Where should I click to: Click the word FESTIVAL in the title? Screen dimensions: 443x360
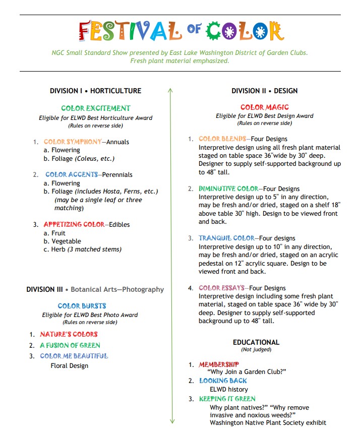(x=130, y=31)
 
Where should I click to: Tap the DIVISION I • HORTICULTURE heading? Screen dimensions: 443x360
(x=96, y=91)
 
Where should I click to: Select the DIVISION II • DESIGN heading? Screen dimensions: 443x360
(x=265, y=91)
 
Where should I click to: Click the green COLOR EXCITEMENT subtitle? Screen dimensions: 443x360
(x=96, y=108)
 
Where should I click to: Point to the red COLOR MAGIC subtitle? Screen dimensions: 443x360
(x=265, y=107)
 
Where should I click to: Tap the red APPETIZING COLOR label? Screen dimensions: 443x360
(x=74, y=224)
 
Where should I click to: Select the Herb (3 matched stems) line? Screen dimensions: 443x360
(x=86, y=249)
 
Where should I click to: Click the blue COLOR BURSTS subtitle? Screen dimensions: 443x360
(x=82, y=306)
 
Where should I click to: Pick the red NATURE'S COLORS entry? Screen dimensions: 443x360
(x=69, y=334)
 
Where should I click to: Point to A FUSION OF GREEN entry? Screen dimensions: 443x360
(x=70, y=345)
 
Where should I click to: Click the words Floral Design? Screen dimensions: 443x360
(x=69, y=365)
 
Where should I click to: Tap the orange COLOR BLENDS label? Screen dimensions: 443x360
(x=222, y=139)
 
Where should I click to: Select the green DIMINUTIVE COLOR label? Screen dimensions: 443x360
(x=228, y=188)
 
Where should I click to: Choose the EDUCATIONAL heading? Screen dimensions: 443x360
(x=256, y=342)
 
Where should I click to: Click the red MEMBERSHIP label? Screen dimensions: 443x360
(x=219, y=364)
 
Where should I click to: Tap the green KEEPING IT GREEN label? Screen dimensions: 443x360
(x=227, y=399)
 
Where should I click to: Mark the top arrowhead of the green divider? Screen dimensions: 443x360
(x=170, y=90)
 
